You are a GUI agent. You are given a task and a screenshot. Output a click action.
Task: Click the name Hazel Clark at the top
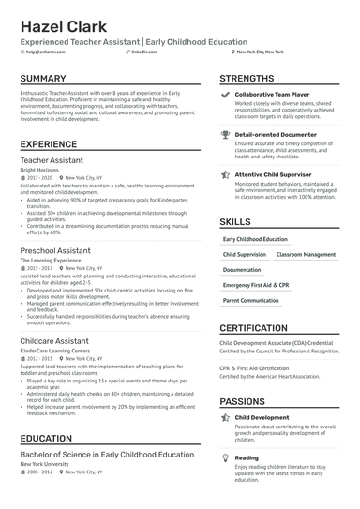63,25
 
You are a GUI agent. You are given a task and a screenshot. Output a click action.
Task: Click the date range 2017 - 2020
39,177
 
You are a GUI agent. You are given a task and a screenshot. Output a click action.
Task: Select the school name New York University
46,464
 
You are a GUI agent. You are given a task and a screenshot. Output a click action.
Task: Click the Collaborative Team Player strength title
273,95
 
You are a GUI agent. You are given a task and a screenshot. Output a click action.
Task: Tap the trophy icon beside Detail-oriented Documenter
225,135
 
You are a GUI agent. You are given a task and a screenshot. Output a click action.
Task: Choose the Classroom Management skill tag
306,254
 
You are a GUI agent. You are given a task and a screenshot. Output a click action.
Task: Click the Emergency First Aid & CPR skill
256,284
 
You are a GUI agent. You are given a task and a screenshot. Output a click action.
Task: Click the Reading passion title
247,457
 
